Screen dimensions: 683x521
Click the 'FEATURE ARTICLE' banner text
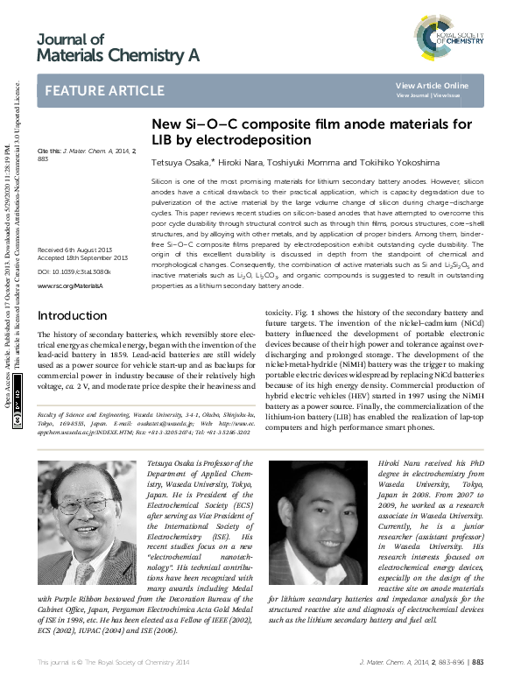[x=104, y=91]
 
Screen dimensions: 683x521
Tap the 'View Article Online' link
[x=432, y=85]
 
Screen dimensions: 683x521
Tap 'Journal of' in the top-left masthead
[x=70, y=39]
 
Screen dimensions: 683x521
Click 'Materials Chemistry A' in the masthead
[x=118, y=56]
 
